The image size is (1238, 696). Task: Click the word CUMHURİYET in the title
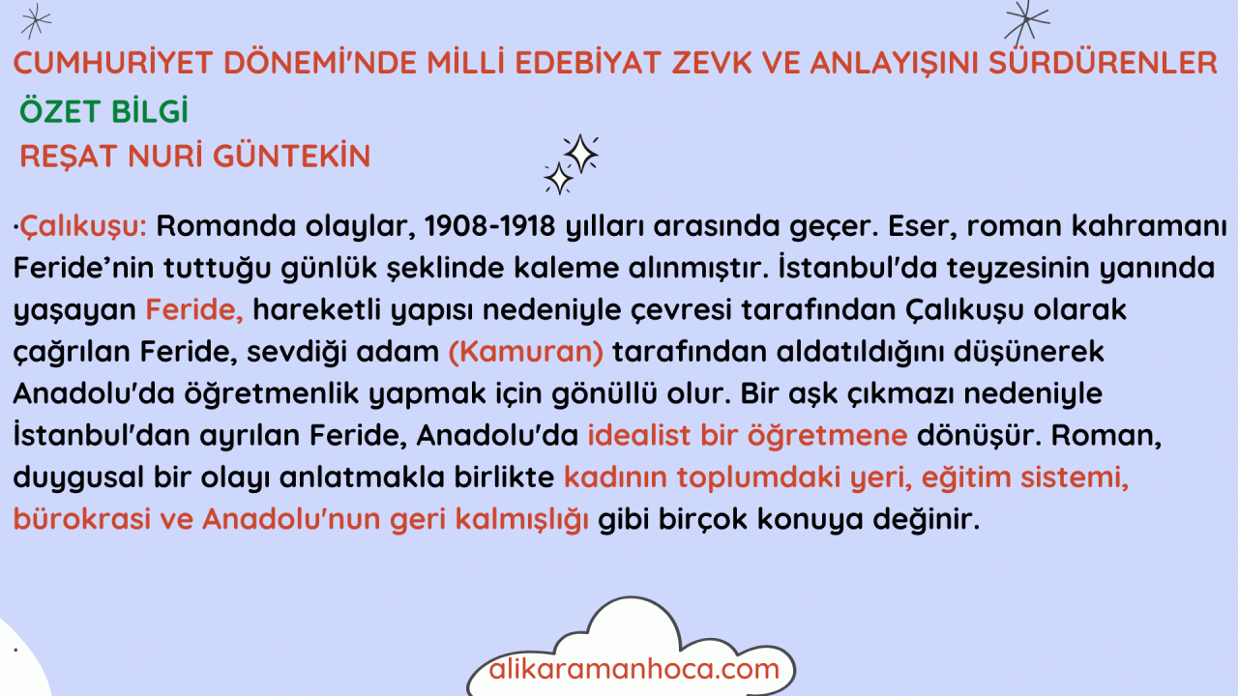pyautogui.click(x=113, y=63)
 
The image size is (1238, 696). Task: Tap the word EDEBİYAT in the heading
pyautogui.click(x=588, y=63)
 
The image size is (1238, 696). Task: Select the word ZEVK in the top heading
pyautogui.click(x=713, y=63)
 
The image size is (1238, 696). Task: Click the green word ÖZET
pyautogui.click(x=60, y=110)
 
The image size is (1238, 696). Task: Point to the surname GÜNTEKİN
pyautogui.click(x=291, y=156)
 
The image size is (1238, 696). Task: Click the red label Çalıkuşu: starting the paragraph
pyautogui.click(x=83, y=226)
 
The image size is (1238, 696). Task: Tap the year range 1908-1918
pyautogui.click(x=489, y=226)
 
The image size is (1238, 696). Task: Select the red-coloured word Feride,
pyautogui.click(x=194, y=310)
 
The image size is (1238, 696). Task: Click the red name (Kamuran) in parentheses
pyautogui.click(x=525, y=352)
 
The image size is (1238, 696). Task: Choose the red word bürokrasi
pyautogui.click(x=82, y=519)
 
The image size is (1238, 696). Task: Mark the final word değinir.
pyautogui.click(x=926, y=519)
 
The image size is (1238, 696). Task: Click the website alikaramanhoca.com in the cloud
pyautogui.click(x=634, y=669)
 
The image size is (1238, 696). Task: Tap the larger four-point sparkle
pyautogui.click(x=580, y=154)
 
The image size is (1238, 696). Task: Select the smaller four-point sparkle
pyautogui.click(x=558, y=179)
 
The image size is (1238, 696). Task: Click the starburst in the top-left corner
pyautogui.click(x=36, y=21)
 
